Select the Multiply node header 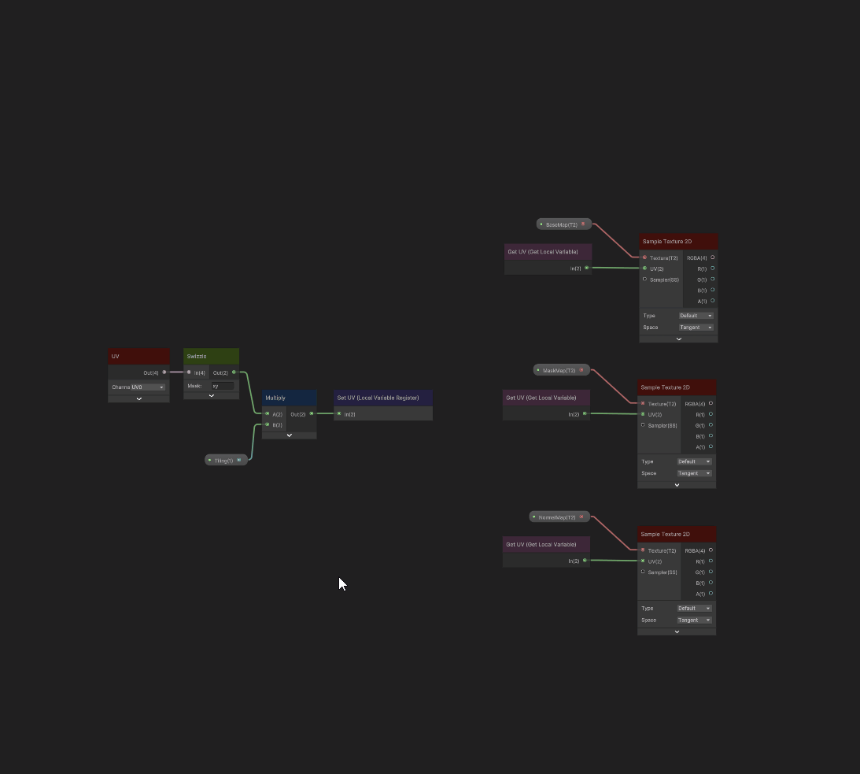click(x=289, y=398)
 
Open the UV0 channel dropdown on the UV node click(x=148, y=387)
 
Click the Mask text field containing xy click(x=222, y=386)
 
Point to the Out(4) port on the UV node click(x=164, y=372)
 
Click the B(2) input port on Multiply click(x=268, y=424)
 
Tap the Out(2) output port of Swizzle click(x=234, y=372)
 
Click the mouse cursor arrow click(x=341, y=583)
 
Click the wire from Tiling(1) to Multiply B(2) click(x=253, y=441)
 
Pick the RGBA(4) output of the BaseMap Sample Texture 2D click(x=713, y=257)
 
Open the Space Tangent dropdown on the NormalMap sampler click(x=695, y=620)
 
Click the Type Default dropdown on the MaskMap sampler click(x=695, y=461)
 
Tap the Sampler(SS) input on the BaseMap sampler click(x=644, y=280)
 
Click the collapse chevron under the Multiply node click(x=289, y=435)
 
